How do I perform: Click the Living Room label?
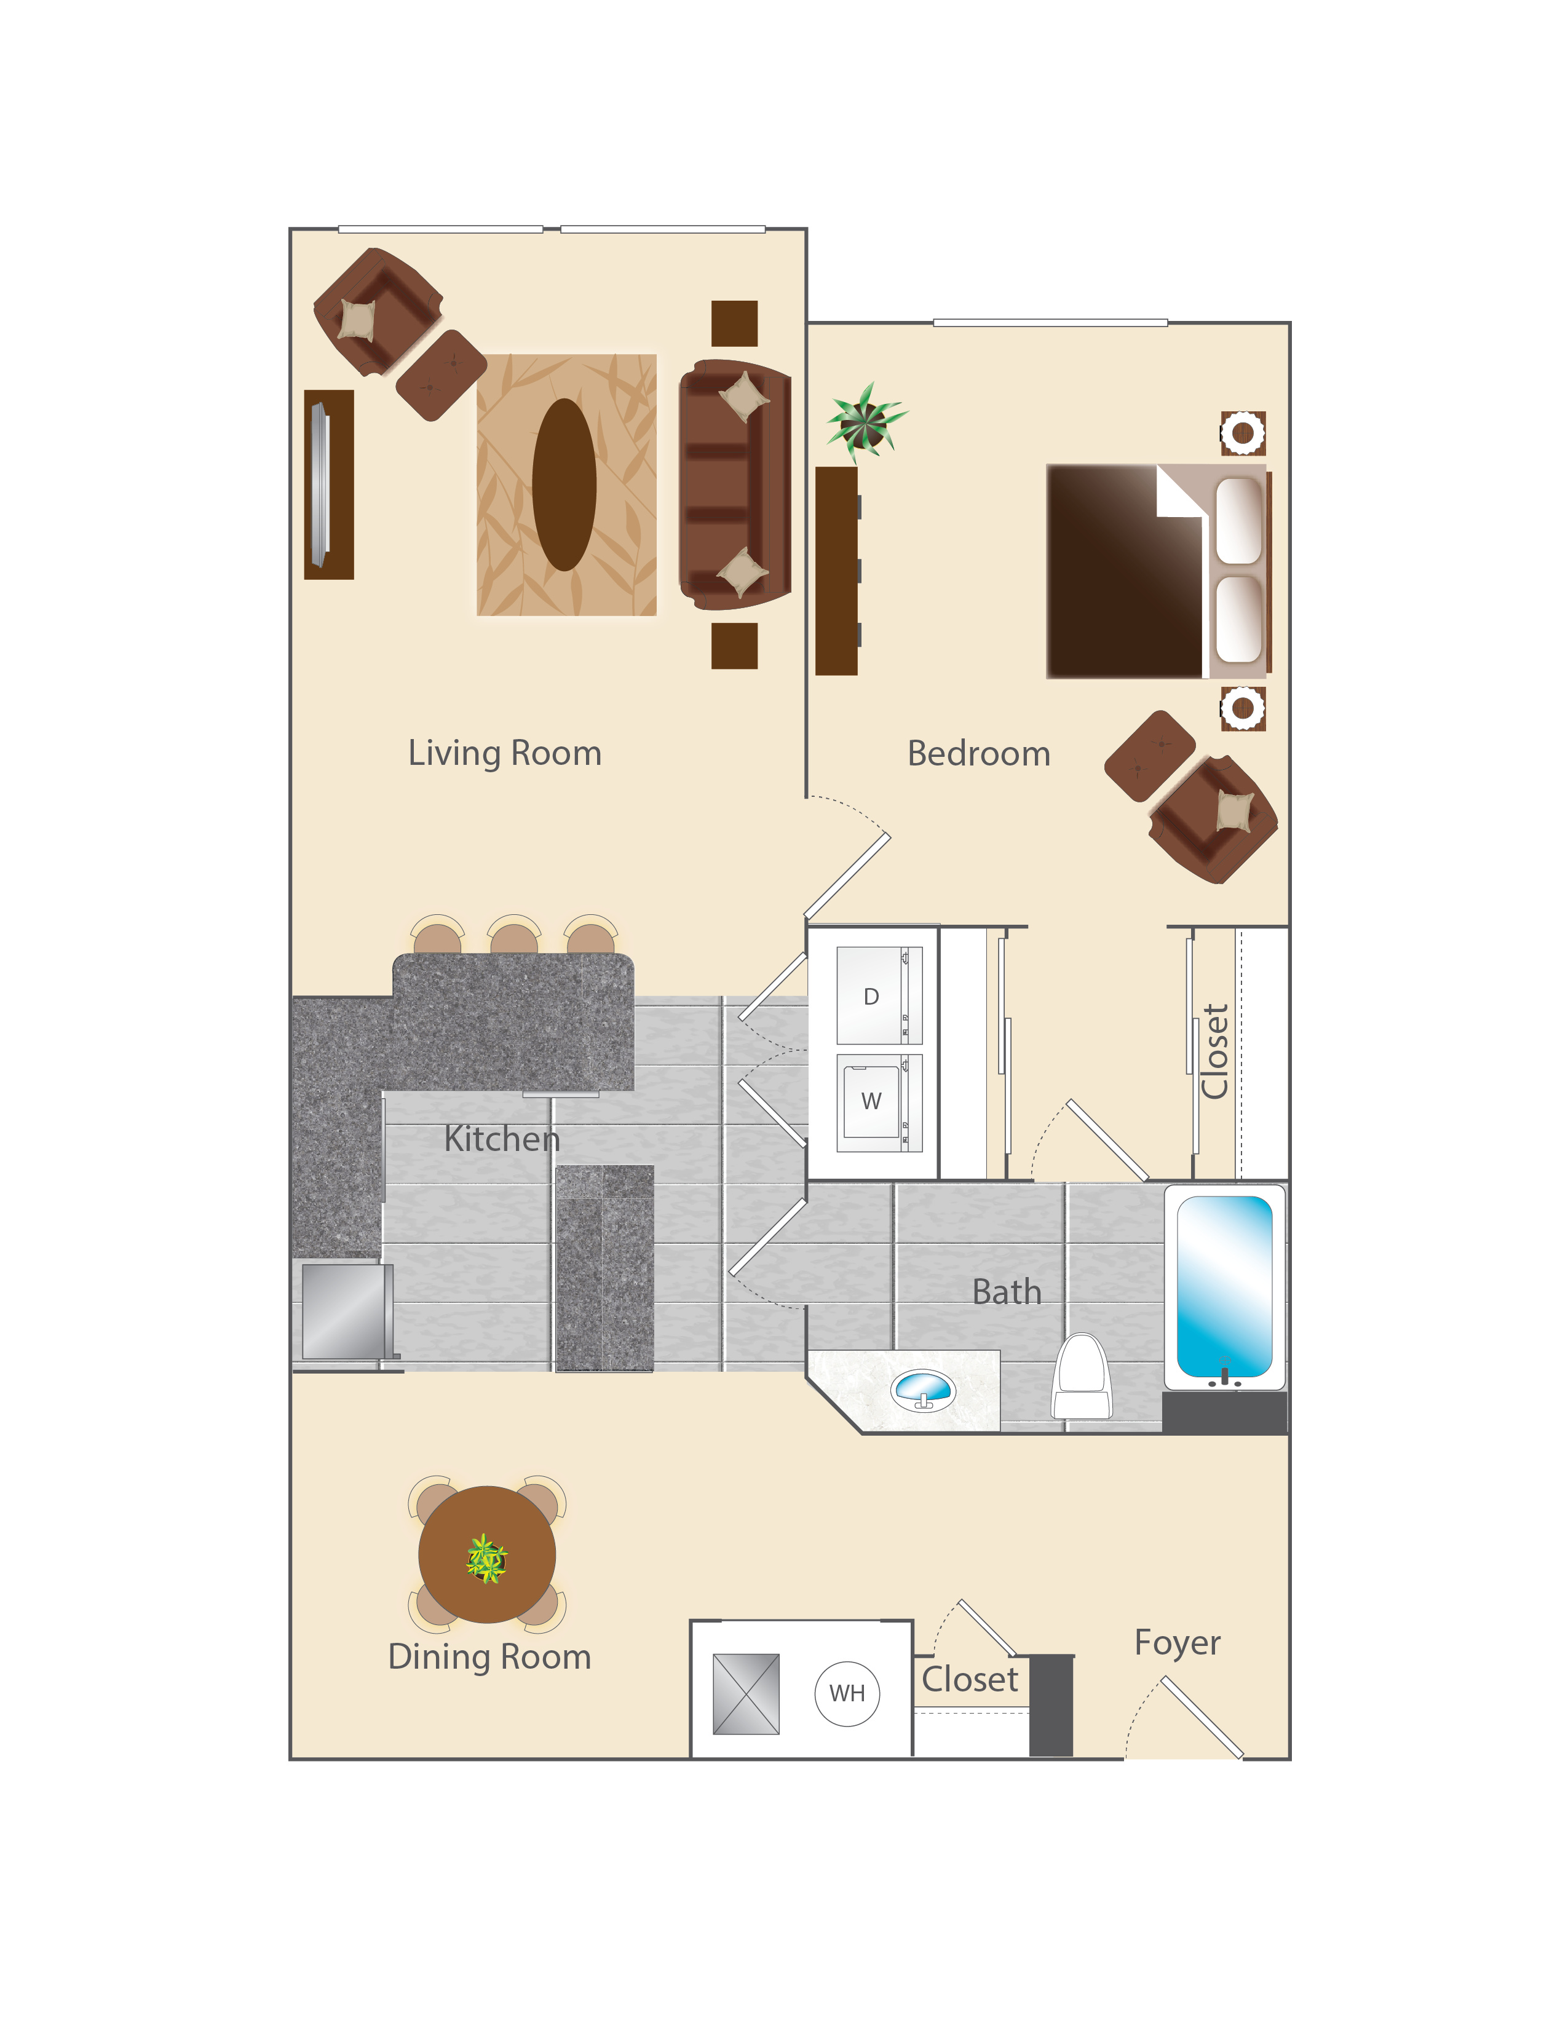(x=504, y=753)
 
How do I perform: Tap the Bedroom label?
(x=978, y=753)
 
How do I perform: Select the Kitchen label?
(x=502, y=1138)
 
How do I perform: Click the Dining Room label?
(x=489, y=1656)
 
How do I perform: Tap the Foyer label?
(x=1177, y=1642)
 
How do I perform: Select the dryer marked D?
(x=879, y=996)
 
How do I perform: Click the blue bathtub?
(x=1224, y=1287)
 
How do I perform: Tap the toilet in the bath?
(x=1082, y=1377)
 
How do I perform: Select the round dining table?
(x=487, y=1554)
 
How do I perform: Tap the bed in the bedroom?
(x=1158, y=571)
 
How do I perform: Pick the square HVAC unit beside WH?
(x=746, y=1694)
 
